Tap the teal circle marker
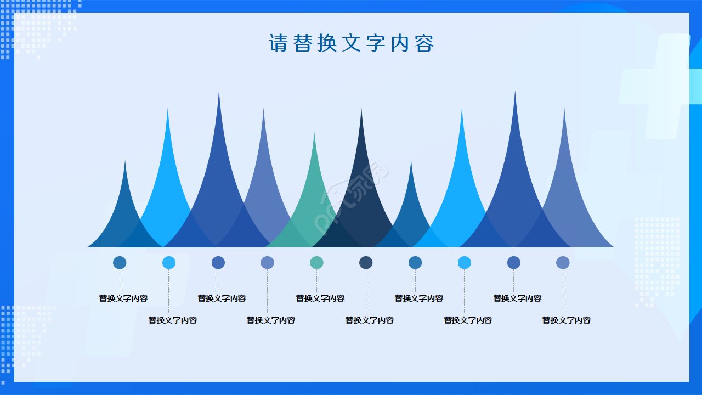tap(316, 263)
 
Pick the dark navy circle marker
tap(366, 263)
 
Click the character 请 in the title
tap(278, 43)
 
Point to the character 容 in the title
tap(424, 43)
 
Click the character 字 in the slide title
tap(376, 43)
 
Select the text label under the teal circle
tap(320, 298)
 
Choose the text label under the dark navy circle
tap(370, 320)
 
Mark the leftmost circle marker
tap(120, 263)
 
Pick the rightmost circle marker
tap(563, 263)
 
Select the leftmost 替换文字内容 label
tap(123, 298)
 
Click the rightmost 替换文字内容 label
tap(567, 320)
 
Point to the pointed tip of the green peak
tap(314, 135)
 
